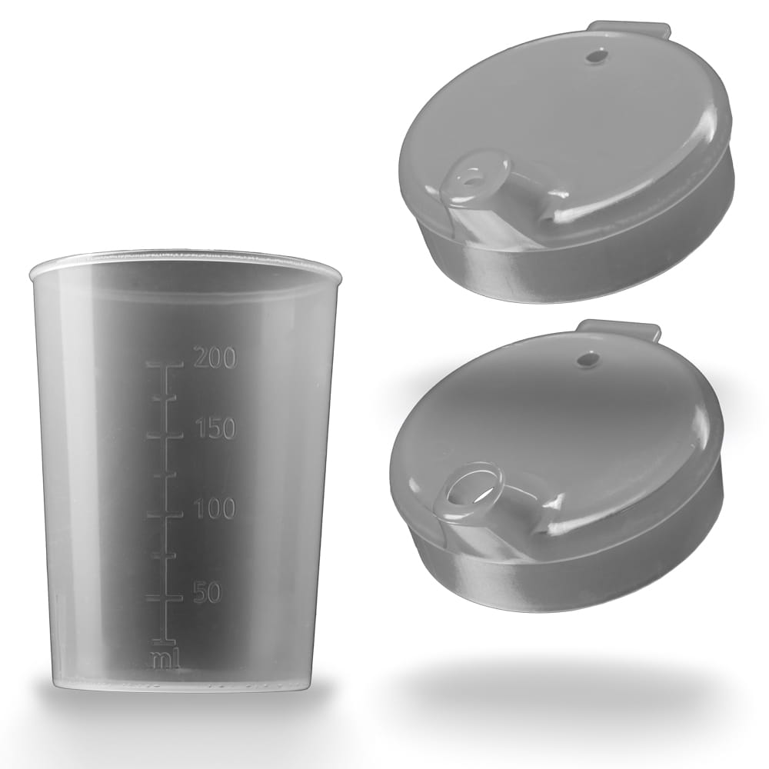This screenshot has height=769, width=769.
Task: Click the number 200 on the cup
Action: (215, 358)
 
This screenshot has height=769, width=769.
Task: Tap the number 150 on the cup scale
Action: (215, 429)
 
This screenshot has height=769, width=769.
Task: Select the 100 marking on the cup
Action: (215, 508)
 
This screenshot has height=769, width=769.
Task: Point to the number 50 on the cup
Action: (207, 593)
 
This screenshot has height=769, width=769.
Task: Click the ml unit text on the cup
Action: (165, 658)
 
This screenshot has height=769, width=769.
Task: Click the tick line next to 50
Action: (164, 598)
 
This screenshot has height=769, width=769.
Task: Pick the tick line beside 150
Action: (164, 435)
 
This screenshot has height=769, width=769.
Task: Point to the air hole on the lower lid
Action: (589, 358)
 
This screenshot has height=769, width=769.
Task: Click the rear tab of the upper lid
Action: (629, 30)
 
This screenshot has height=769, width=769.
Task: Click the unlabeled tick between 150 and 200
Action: (164, 398)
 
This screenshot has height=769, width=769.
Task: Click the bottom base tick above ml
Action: (163, 641)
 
